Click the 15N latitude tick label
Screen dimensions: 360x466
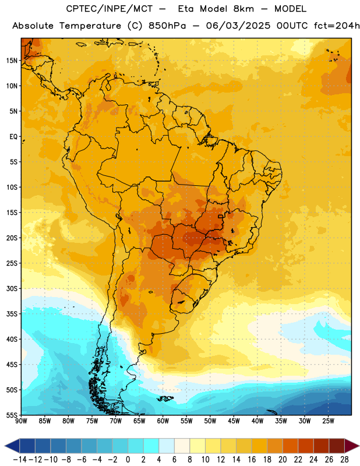(12, 61)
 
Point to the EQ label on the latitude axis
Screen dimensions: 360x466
(13, 137)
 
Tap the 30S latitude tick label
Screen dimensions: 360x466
(12, 288)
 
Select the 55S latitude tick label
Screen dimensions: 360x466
(12, 415)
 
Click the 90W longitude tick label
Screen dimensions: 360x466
(22, 421)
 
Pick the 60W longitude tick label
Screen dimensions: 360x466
(163, 421)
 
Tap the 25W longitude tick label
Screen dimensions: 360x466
(328, 421)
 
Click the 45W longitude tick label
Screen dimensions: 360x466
(234, 421)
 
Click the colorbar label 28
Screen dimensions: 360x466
(344, 460)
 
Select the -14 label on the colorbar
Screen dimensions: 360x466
(20, 460)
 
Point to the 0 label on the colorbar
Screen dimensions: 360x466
(128, 460)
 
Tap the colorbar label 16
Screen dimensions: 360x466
(252, 460)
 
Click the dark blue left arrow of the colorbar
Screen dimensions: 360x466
(12, 446)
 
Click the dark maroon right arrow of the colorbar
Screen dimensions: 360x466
(352, 446)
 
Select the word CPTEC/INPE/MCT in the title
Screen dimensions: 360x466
(110, 9)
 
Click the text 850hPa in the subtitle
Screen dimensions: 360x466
(167, 26)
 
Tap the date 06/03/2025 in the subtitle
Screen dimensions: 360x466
(238, 26)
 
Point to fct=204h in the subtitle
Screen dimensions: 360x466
(337, 26)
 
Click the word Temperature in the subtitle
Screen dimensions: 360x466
(90, 26)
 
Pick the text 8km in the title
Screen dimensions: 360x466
(243, 9)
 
